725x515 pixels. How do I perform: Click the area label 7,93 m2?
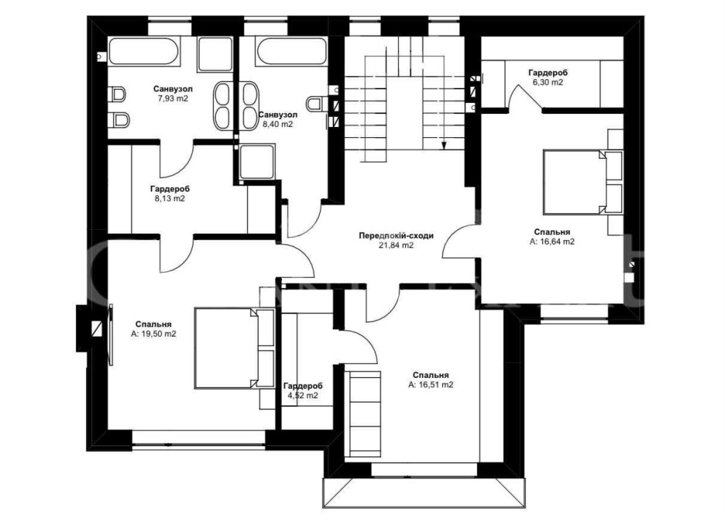pyautogui.click(x=173, y=98)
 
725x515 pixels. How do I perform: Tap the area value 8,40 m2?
pyautogui.click(x=278, y=124)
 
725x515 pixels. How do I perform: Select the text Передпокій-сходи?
pyautogui.click(x=397, y=236)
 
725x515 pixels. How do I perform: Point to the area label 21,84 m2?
pyautogui.click(x=397, y=245)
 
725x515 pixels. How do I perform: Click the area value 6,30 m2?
pyautogui.click(x=548, y=83)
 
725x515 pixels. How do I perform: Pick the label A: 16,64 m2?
pyautogui.click(x=552, y=242)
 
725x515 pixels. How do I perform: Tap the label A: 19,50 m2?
pyautogui.click(x=154, y=334)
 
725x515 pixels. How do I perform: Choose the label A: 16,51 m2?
pyautogui.click(x=431, y=385)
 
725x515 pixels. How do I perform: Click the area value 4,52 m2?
pyautogui.click(x=303, y=395)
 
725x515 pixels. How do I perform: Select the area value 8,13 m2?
pyautogui.click(x=169, y=199)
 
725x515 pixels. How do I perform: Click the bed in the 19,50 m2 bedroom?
pyautogui.click(x=234, y=348)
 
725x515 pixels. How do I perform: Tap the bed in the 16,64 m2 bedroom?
pyautogui.click(x=583, y=182)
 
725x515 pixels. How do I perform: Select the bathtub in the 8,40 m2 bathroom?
pyautogui.click(x=291, y=52)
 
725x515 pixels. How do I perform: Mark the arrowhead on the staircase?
pyautogui.click(x=444, y=146)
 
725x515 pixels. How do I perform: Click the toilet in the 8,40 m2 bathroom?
pyautogui.click(x=319, y=104)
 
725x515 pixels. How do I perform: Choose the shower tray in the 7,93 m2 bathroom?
pyautogui.click(x=215, y=54)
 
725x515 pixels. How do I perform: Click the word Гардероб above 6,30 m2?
pyautogui.click(x=548, y=73)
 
